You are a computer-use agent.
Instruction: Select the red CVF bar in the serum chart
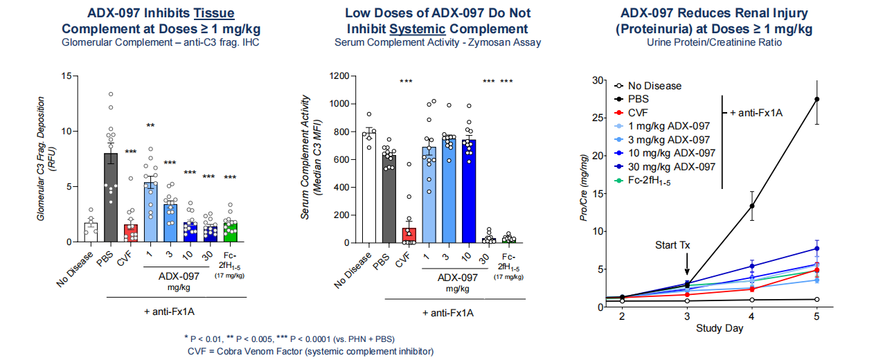click(x=409, y=235)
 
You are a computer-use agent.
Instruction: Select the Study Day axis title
click(x=720, y=328)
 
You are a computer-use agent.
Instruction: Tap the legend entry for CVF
click(x=640, y=113)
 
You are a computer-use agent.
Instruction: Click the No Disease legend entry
click(x=654, y=86)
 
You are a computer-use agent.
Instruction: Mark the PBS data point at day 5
click(x=817, y=99)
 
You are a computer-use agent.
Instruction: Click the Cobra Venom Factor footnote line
click(x=310, y=351)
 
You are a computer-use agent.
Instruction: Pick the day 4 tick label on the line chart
click(x=752, y=315)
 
